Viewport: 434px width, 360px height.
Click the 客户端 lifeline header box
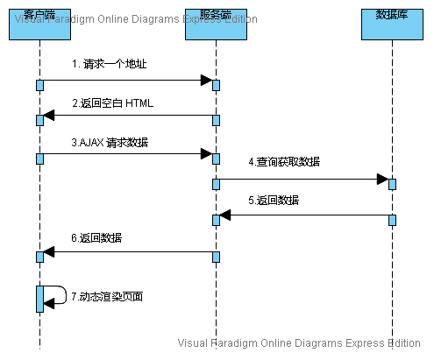pyautogui.click(x=40, y=21)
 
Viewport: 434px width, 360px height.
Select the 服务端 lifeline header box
pyautogui.click(x=216, y=21)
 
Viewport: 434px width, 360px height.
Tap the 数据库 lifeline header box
pyautogui.click(x=391, y=21)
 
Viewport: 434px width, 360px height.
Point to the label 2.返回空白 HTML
pyautogui.click(x=112, y=103)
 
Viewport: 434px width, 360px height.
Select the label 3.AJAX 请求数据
pyautogui.click(x=110, y=142)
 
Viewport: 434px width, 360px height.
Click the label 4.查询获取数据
pyautogui.click(x=284, y=161)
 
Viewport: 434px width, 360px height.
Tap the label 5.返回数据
pyautogui.click(x=273, y=201)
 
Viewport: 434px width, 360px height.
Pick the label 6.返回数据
pyautogui.click(x=96, y=237)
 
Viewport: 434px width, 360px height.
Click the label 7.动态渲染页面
pyautogui.click(x=106, y=296)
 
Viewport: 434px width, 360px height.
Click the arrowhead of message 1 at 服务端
pyautogui.click(x=206, y=81)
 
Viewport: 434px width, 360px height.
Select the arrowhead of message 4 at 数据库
pyautogui.click(x=382, y=179)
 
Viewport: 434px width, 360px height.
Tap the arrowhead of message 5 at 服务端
pyautogui.click(x=225, y=215)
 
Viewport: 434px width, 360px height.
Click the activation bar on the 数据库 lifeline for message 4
pyautogui.click(x=392, y=183)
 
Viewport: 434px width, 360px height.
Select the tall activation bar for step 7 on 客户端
pyautogui.click(x=40, y=298)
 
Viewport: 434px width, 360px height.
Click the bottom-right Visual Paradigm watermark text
pyautogui.click(x=300, y=343)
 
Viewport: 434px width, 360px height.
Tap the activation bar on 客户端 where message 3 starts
pyautogui.click(x=40, y=158)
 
